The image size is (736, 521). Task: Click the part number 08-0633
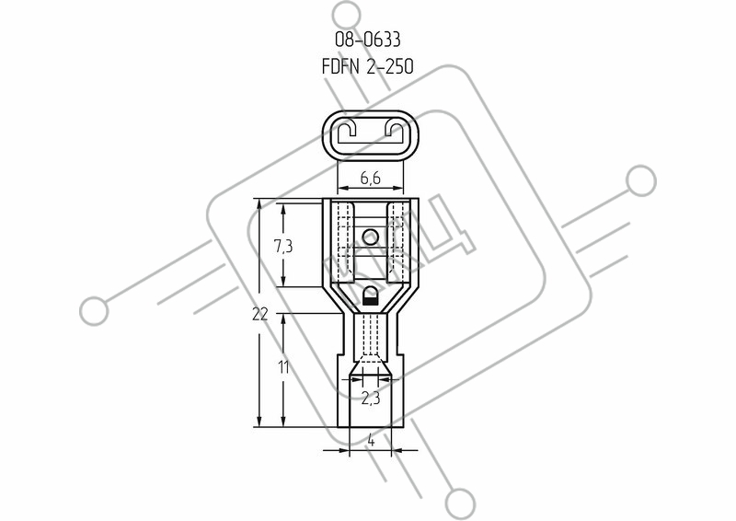[x=367, y=40]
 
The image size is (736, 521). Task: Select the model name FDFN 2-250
[x=367, y=67]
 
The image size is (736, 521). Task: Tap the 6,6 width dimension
[x=371, y=178]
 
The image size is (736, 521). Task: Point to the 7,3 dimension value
[x=283, y=246]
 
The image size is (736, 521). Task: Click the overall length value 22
[x=260, y=314]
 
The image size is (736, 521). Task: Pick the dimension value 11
[x=283, y=367]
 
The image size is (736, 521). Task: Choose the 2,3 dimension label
[x=371, y=399]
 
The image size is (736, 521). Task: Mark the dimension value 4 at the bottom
[x=371, y=441]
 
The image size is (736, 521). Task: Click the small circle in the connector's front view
[x=371, y=237]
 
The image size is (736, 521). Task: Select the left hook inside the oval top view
[x=345, y=130]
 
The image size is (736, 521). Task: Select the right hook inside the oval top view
[x=396, y=130]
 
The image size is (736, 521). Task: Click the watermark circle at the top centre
[x=348, y=16]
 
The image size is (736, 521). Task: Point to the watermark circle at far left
[x=94, y=311]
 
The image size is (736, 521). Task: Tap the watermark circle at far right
[x=640, y=180]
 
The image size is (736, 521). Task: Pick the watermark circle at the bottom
[x=460, y=504]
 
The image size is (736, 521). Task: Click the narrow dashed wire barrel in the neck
[x=371, y=334]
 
